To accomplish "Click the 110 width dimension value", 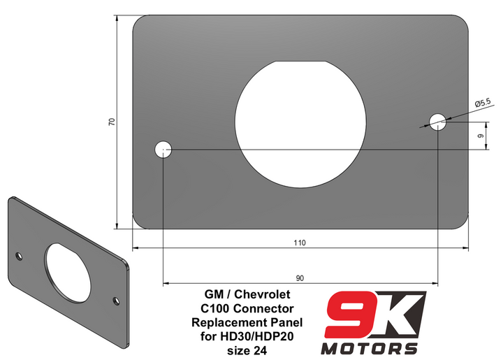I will point(299,243).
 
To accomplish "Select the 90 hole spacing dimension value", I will point(300,278).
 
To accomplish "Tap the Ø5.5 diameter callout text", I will point(483,103).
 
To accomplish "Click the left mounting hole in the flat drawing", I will point(163,149).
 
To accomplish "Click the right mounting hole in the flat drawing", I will point(438,122).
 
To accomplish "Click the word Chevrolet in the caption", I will point(265,296).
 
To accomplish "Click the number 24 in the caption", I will point(259,350).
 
